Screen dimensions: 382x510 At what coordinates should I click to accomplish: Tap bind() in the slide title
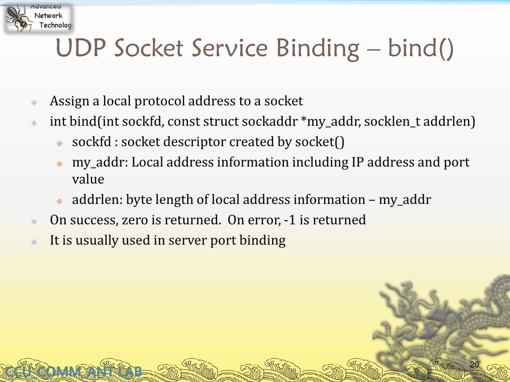point(420,49)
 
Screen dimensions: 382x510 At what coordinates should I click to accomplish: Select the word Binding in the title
point(317,49)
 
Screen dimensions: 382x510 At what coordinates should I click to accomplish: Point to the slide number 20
point(474,365)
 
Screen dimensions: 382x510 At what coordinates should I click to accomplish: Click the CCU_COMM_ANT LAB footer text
point(72,372)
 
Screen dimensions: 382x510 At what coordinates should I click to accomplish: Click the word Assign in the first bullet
point(69,101)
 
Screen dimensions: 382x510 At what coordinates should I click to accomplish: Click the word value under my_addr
point(88,180)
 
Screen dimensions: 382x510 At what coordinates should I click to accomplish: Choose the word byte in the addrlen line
point(139,200)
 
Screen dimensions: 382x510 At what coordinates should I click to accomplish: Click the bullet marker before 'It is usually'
point(34,241)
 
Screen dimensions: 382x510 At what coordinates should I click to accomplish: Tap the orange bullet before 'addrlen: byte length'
point(59,201)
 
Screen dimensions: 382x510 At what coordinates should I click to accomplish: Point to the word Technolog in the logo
point(55,25)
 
